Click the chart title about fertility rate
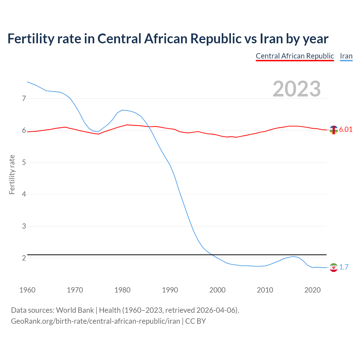pyautogui.click(x=168, y=39)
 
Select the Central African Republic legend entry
pyautogui.click(x=295, y=56)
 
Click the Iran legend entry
pyautogui.click(x=346, y=56)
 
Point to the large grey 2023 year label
pyautogui.click(x=297, y=89)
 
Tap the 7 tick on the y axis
pyautogui.click(x=24, y=98)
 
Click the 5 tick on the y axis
pyautogui.click(x=24, y=162)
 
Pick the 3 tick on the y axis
pyautogui.click(x=24, y=226)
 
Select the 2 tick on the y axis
pyautogui.click(x=24, y=258)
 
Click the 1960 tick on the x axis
pyautogui.click(x=27, y=290)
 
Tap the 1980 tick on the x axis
pyautogui.click(x=122, y=290)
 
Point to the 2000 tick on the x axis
pyautogui.click(x=217, y=290)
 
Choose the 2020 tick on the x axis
pyautogui.click(x=312, y=290)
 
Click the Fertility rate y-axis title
pyautogui.click(x=12, y=174)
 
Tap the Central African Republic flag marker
pyautogui.click(x=334, y=130)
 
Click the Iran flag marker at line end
pyautogui.click(x=334, y=267)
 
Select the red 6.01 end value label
pyautogui.click(x=346, y=130)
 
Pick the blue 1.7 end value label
pyautogui.click(x=344, y=267)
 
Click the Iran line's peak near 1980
pyautogui.click(x=122, y=110)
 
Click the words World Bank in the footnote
pyautogui.click(x=75, y=310)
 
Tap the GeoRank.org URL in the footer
pyautogui.click(x=95, y=321)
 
